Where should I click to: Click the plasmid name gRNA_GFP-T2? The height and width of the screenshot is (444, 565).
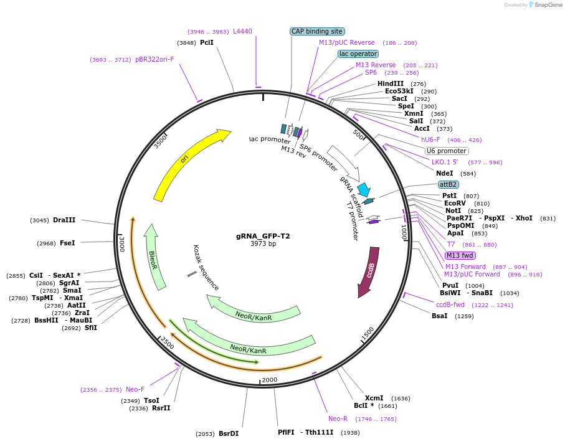click(x=263, y=236)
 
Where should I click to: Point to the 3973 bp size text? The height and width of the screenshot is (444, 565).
click(x=263, y=244)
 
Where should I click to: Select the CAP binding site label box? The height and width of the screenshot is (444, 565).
click(x=317, y=31)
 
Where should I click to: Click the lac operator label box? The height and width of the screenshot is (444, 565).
click(x=358, y=54)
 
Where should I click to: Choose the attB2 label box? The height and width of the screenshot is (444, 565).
click(x=449, y=184)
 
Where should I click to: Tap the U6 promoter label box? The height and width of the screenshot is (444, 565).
click(x=447, y=151)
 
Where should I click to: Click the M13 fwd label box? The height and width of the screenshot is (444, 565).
click(x=460, y=255)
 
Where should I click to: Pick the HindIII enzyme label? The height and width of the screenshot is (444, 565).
click(x=391, y=83)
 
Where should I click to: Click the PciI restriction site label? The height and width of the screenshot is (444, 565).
click(x=207, y=42)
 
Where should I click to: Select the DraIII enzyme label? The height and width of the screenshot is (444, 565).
click(x=64, y=220)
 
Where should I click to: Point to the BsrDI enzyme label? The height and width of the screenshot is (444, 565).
click(x=228, y=433)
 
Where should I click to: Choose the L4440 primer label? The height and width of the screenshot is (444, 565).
click(x=242, y=31)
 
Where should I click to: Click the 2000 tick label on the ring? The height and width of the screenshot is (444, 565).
click(x=269, y=380)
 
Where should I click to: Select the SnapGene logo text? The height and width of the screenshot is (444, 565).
click(x=546, y=5)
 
